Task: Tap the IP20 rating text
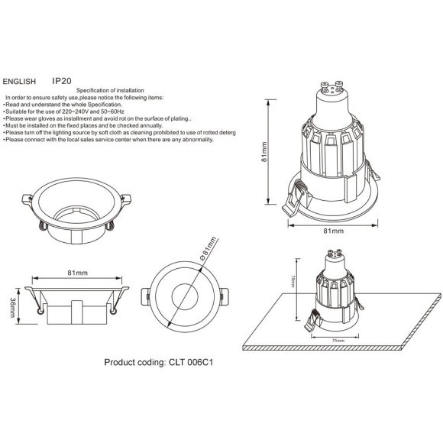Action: coord(62,79)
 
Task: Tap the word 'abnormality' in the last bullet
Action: coord(194,140)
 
